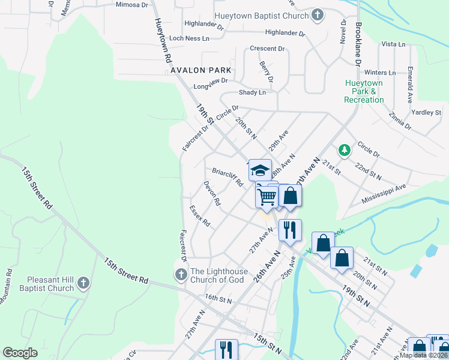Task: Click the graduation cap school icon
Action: [260, 170]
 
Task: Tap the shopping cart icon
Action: [267, 196]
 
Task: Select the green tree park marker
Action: [345, 149]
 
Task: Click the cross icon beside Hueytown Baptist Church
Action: [318, 16]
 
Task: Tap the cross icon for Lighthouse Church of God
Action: [181, 274]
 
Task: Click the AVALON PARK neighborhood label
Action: [200, 70]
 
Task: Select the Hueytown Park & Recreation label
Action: [364, 92]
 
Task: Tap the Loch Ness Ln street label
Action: [189, 38]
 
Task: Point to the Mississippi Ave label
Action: [384, 194]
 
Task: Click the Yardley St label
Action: [426, 112]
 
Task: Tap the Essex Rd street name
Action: [200, 216]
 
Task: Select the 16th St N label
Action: [217, 298]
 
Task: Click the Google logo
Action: [20, 353]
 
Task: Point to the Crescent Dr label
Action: [267, 49]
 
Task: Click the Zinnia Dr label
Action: [400, 121]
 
